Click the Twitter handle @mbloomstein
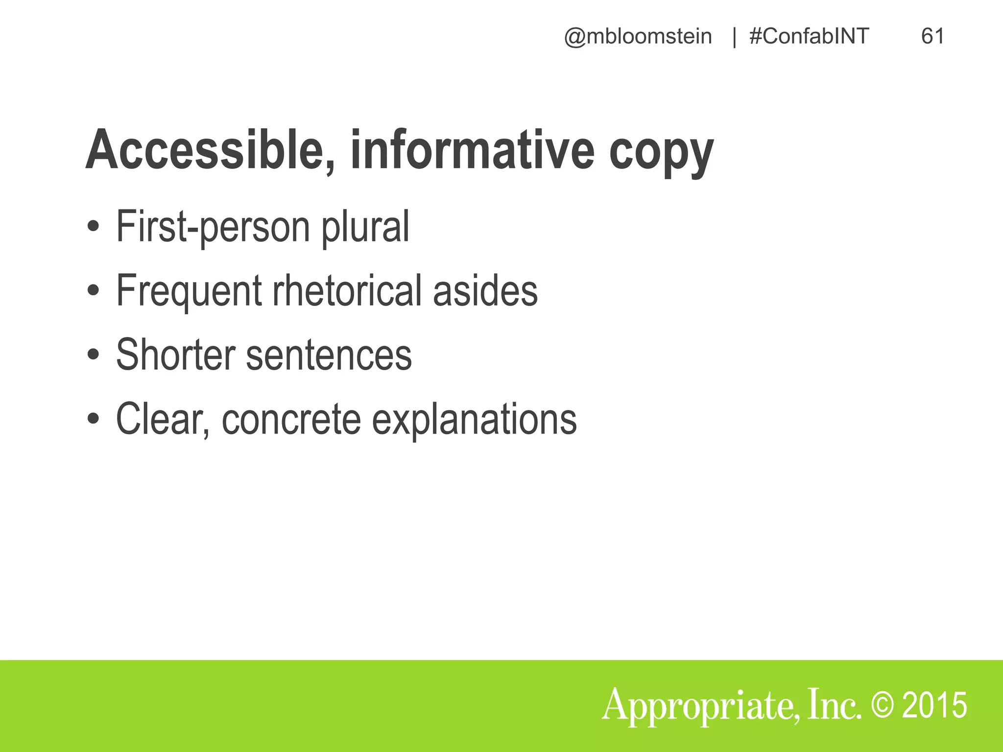638,37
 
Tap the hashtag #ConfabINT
809,37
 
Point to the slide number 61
932,37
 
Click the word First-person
213,226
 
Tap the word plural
365,226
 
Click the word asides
485,291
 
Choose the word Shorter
175,354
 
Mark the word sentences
329,355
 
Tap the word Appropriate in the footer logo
700,706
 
